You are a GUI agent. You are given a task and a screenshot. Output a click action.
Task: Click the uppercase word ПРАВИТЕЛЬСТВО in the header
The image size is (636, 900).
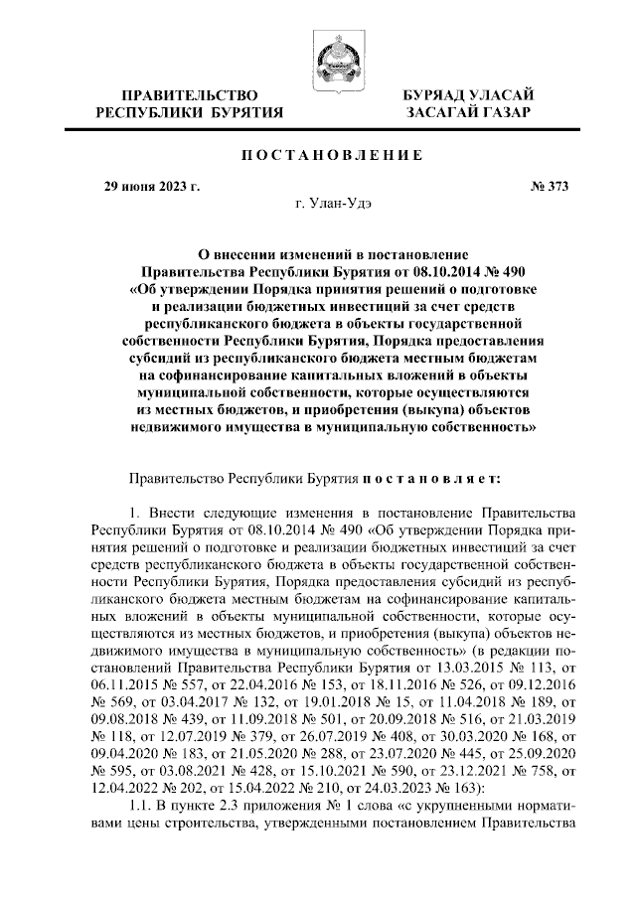[x=189, y=94]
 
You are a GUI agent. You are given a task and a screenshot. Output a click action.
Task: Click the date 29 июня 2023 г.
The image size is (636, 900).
[x=153, y=185]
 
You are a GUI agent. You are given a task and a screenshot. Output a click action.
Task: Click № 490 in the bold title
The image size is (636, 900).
[x=497, y=269]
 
